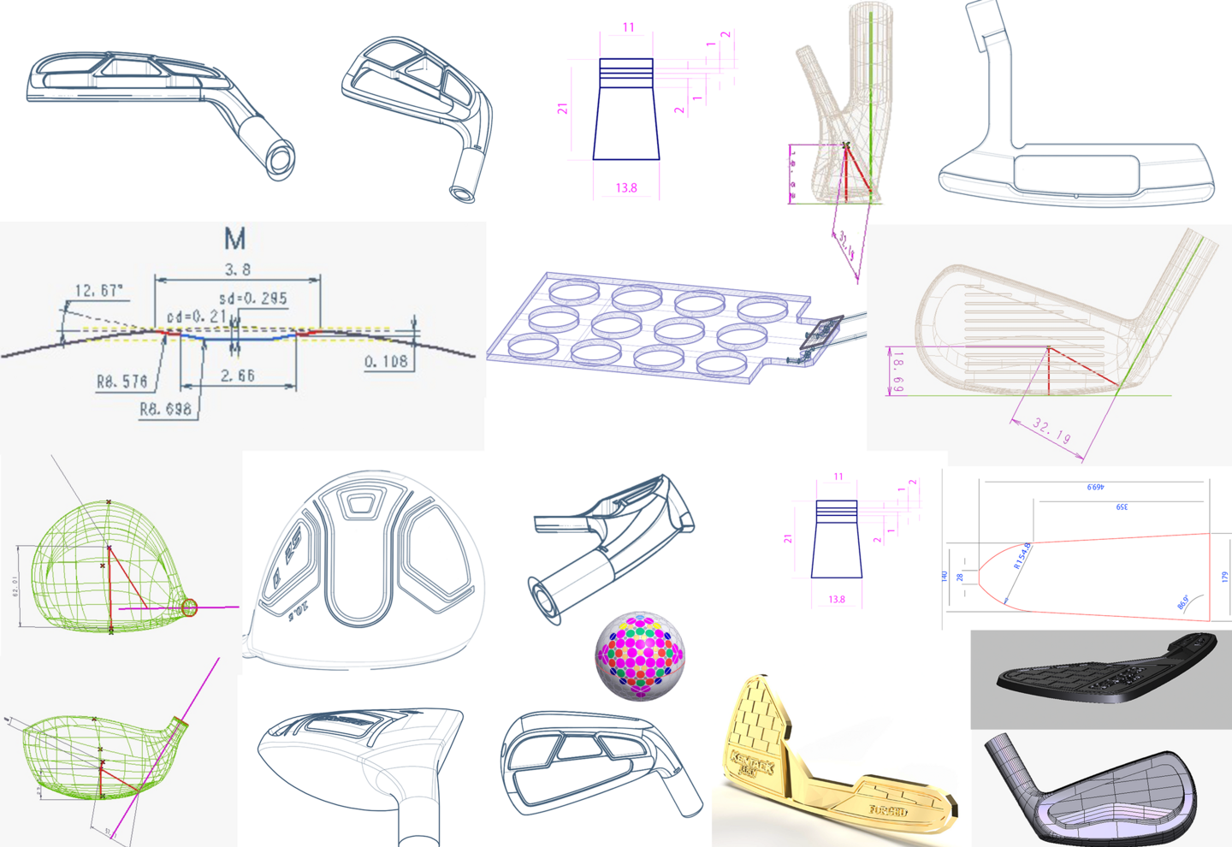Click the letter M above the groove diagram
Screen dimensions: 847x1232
pyautogui.click(x=234, y=239)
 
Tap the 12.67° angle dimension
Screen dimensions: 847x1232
pyautogui.click(x=98, y=291)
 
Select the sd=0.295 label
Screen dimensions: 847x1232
pyautogui.click(x=252, y=299)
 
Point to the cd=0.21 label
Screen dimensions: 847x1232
pyautogui.click(x=196, y=317)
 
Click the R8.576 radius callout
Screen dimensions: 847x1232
pyautogui.click(x=121, y=382)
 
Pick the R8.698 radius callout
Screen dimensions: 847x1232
pyautogui.click(x=165, y=409)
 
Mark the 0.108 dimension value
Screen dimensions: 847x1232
pyautogui.click(x=386, y=362)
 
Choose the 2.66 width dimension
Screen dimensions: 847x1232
pyautogui.click(x=237, y=376)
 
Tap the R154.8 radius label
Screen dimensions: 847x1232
pyautogui.click(x=1022, y=555)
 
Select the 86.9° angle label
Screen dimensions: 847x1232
pyautogui.click(x=1183, y=602)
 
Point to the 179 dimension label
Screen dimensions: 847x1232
pyautogui.click(x=1224, y=577)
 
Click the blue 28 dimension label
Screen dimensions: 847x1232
pyautogui.click(x=960, y=577)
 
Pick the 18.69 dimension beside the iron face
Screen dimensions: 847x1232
pyautogui.click(x=897, y=371)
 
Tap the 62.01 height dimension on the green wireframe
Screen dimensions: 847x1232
pyautogui.click(x=16, y=586)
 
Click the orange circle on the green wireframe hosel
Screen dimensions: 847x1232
pyautogui.click(x=190, y=608)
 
